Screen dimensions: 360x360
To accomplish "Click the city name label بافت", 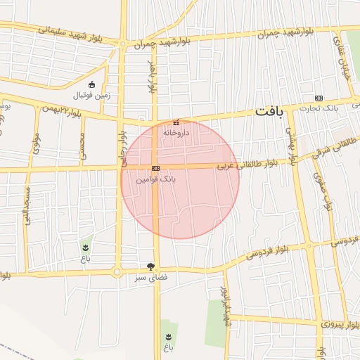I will (x=268, y=112).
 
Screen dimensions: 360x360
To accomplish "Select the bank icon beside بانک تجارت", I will (x=319, y=98).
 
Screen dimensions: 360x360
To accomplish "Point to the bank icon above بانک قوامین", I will (x=155, y=169).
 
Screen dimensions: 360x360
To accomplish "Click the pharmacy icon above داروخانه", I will (x=176, y=121).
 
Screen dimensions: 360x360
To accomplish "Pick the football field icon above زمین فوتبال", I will (x=91, y=84).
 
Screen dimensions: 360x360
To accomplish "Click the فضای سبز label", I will (x=151, y=278).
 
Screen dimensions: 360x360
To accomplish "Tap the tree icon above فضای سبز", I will (x=150, y=266).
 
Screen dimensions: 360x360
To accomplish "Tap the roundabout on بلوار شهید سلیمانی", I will (x=123, y=44).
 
